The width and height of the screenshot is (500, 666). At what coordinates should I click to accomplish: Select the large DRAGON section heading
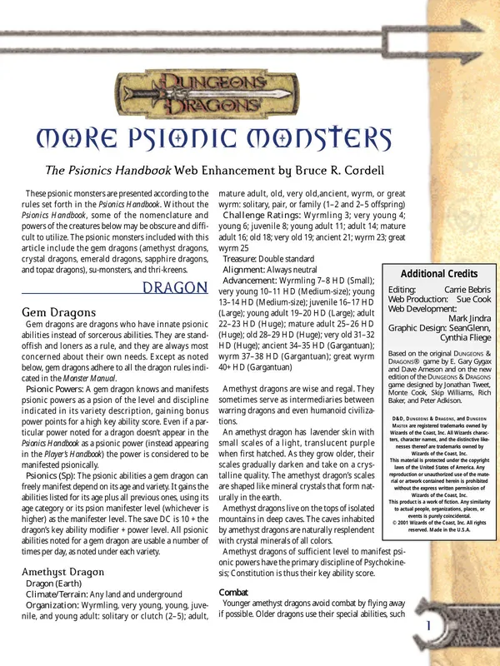pos(175,289)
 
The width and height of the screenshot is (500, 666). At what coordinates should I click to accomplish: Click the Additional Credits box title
pos(439,274)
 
